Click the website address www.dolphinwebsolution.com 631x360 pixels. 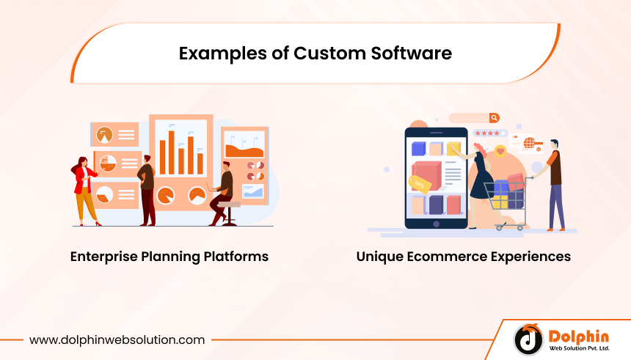117,340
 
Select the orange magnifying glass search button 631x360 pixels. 494,117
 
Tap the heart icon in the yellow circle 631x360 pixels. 501,151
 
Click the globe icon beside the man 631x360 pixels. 528,142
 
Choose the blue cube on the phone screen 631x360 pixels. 419,149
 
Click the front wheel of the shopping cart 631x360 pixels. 500,227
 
